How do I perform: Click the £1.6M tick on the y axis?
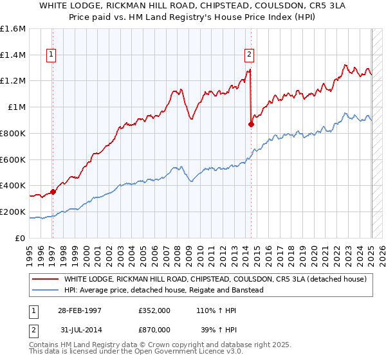point(13,29)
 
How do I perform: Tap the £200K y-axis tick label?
point(13,212)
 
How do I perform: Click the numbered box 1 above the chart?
point(51,55)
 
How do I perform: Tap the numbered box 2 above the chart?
point(249,55)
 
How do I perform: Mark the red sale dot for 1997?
point(53,192)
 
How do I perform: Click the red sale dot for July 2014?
point(251,124)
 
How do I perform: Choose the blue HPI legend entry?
point(167,290)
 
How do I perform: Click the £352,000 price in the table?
point(154,310)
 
